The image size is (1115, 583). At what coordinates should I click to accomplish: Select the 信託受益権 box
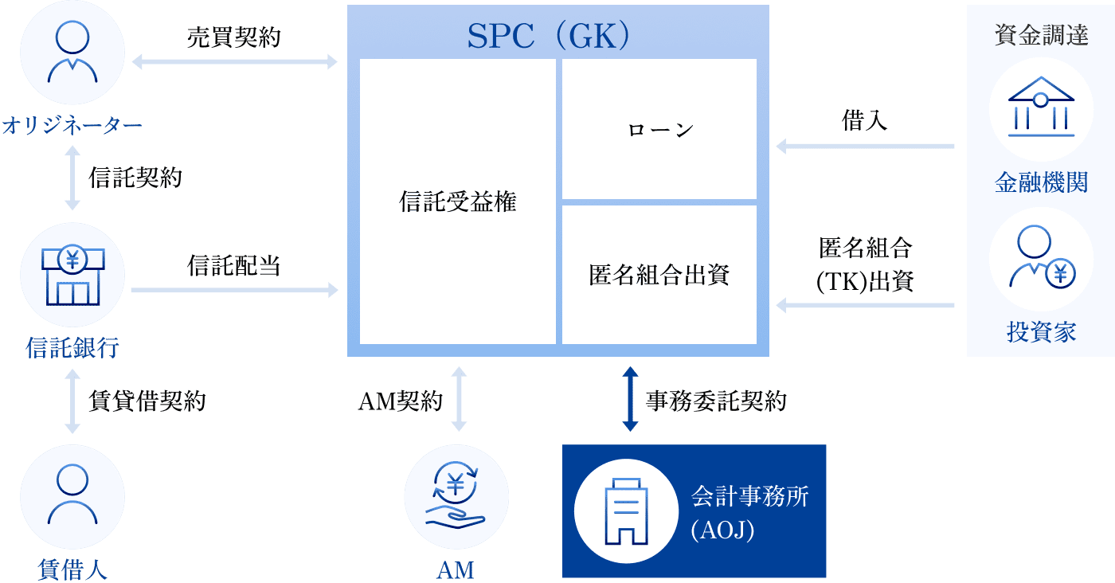[457, 202]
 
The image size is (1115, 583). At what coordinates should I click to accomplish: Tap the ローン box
[659, 129]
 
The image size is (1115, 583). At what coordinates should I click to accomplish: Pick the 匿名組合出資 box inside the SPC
[659, 275]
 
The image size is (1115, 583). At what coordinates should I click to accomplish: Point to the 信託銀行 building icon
[72, 279]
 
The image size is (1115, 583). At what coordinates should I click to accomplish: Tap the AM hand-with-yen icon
[456, 498]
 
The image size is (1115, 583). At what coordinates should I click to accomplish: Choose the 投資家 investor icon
[1040, 260]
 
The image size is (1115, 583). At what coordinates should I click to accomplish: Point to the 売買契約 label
[233, 37]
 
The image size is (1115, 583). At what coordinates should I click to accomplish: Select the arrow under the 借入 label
[865, 147]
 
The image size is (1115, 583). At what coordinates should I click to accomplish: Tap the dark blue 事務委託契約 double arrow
[630, 399]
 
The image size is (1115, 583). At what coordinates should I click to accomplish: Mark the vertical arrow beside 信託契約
[72, 178]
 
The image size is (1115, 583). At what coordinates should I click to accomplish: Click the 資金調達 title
[1041, 36]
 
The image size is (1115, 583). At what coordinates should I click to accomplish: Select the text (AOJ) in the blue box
[722, 530]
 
